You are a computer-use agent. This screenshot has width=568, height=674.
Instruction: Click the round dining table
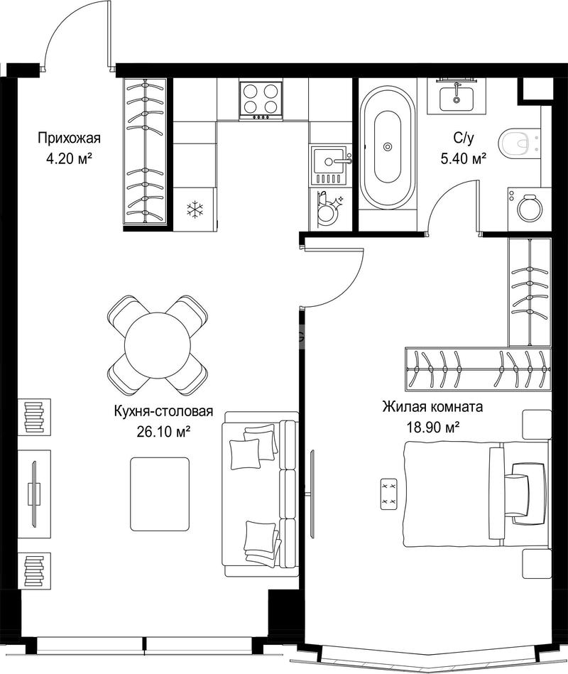pos(157,345)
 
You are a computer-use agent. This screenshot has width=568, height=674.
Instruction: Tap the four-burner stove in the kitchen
pos(261,101)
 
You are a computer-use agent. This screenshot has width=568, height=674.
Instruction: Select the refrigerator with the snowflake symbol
pos(195,210)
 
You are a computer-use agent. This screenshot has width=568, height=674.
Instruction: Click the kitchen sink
pos(329,166)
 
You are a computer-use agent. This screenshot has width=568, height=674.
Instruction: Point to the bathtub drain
pos(388,146)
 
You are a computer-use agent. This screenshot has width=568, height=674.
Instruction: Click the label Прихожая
pos(69,138)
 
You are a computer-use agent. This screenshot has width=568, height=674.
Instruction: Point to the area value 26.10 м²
pos(163,431)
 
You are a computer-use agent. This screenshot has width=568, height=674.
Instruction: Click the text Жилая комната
pos(432,406)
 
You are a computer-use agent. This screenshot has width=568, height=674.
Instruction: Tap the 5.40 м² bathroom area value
pos(463,159)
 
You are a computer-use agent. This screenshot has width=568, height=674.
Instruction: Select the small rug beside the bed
pos(389,494)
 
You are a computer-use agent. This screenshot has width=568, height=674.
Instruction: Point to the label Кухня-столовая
pos(163,411)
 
